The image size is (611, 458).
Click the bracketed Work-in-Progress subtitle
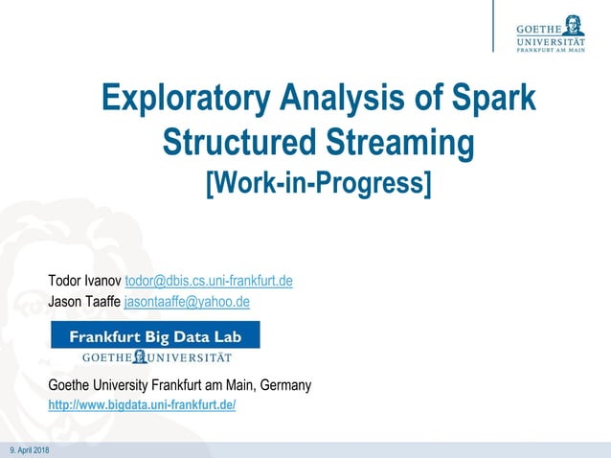point(319,181)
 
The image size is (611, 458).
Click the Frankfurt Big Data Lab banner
point(155,336)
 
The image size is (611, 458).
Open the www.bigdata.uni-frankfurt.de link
point(142,406)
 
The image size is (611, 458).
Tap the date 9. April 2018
point(29,450)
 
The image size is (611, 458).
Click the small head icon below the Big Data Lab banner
point(141,356)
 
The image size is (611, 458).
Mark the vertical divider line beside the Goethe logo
point(494,26)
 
